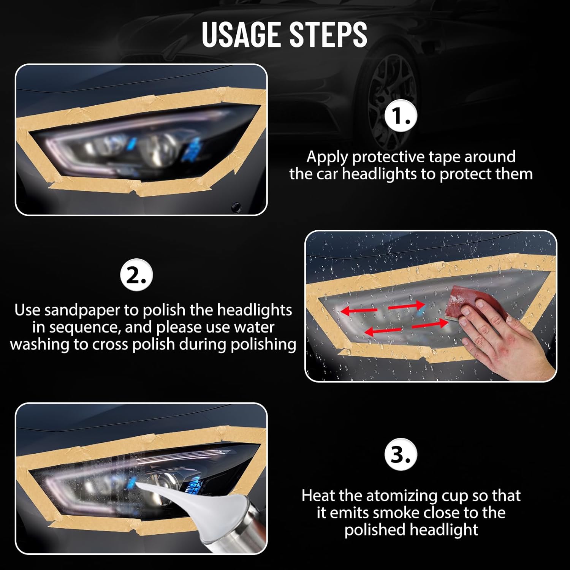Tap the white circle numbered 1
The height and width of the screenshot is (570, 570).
(x=401, y=116)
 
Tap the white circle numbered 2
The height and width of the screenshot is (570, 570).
(x=136, y=275)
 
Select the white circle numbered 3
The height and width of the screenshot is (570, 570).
(x=401, y=454)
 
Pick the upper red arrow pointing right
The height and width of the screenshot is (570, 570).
(x=406, y=305)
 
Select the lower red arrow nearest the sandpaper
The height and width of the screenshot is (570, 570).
(x=430, y=324)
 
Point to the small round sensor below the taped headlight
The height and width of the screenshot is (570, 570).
(x=236, y=207)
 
